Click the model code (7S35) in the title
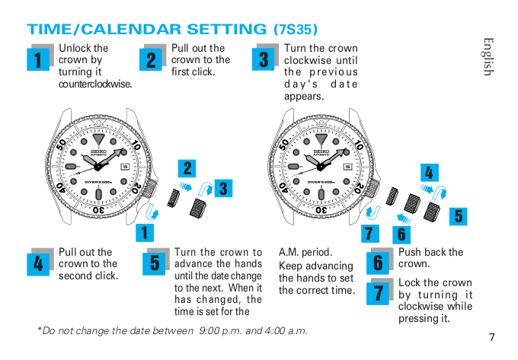click(x=295, y=30)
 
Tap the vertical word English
click(x=488, y=56)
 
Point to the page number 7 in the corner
click(x=492, y=337)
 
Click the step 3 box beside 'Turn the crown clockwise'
click(x=264, y=59)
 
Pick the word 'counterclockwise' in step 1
click(x=95, y=84)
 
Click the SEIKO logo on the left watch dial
click(x=98, y=151)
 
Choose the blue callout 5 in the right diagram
click(x=457, y=215)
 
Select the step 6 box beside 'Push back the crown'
click(x=378, y=263)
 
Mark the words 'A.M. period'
click(x=305, y=252)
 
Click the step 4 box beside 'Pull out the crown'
click(x=39, y=263)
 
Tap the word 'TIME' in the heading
click(x=47, y=30)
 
